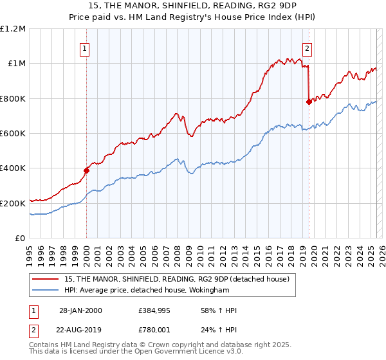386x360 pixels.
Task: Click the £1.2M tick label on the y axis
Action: (13, 29)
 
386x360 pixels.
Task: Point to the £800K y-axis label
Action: (13, 98)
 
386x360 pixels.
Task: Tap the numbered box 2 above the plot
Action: (308, 47)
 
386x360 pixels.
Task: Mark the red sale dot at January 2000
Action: (86, 171)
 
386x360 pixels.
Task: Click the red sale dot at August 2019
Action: (309, 102)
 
